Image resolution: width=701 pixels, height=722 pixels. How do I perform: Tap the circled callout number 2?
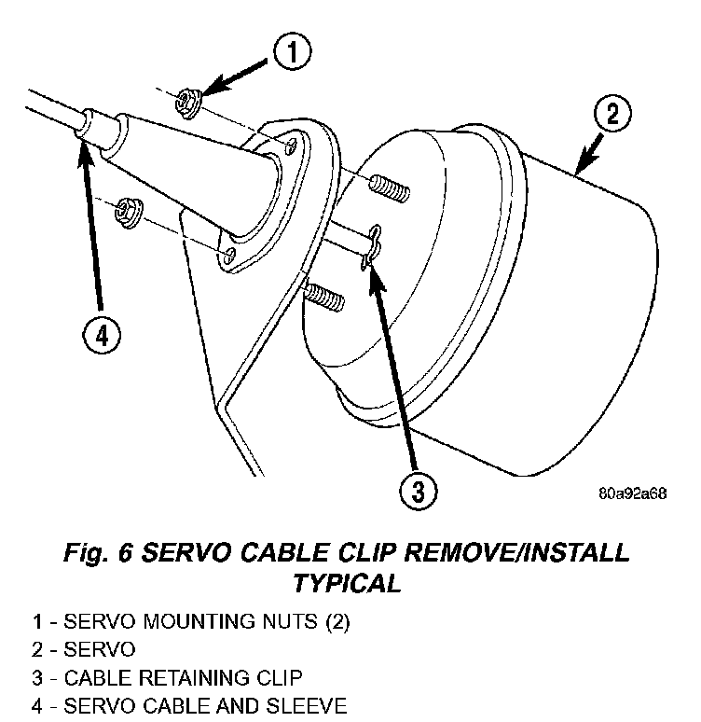tap(611, 116)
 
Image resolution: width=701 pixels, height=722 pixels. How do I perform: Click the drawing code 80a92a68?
tap(633, 493)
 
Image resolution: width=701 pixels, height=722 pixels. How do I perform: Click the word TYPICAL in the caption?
tap(347, 584)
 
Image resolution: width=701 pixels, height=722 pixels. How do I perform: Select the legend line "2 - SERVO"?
tap(83, 648)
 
